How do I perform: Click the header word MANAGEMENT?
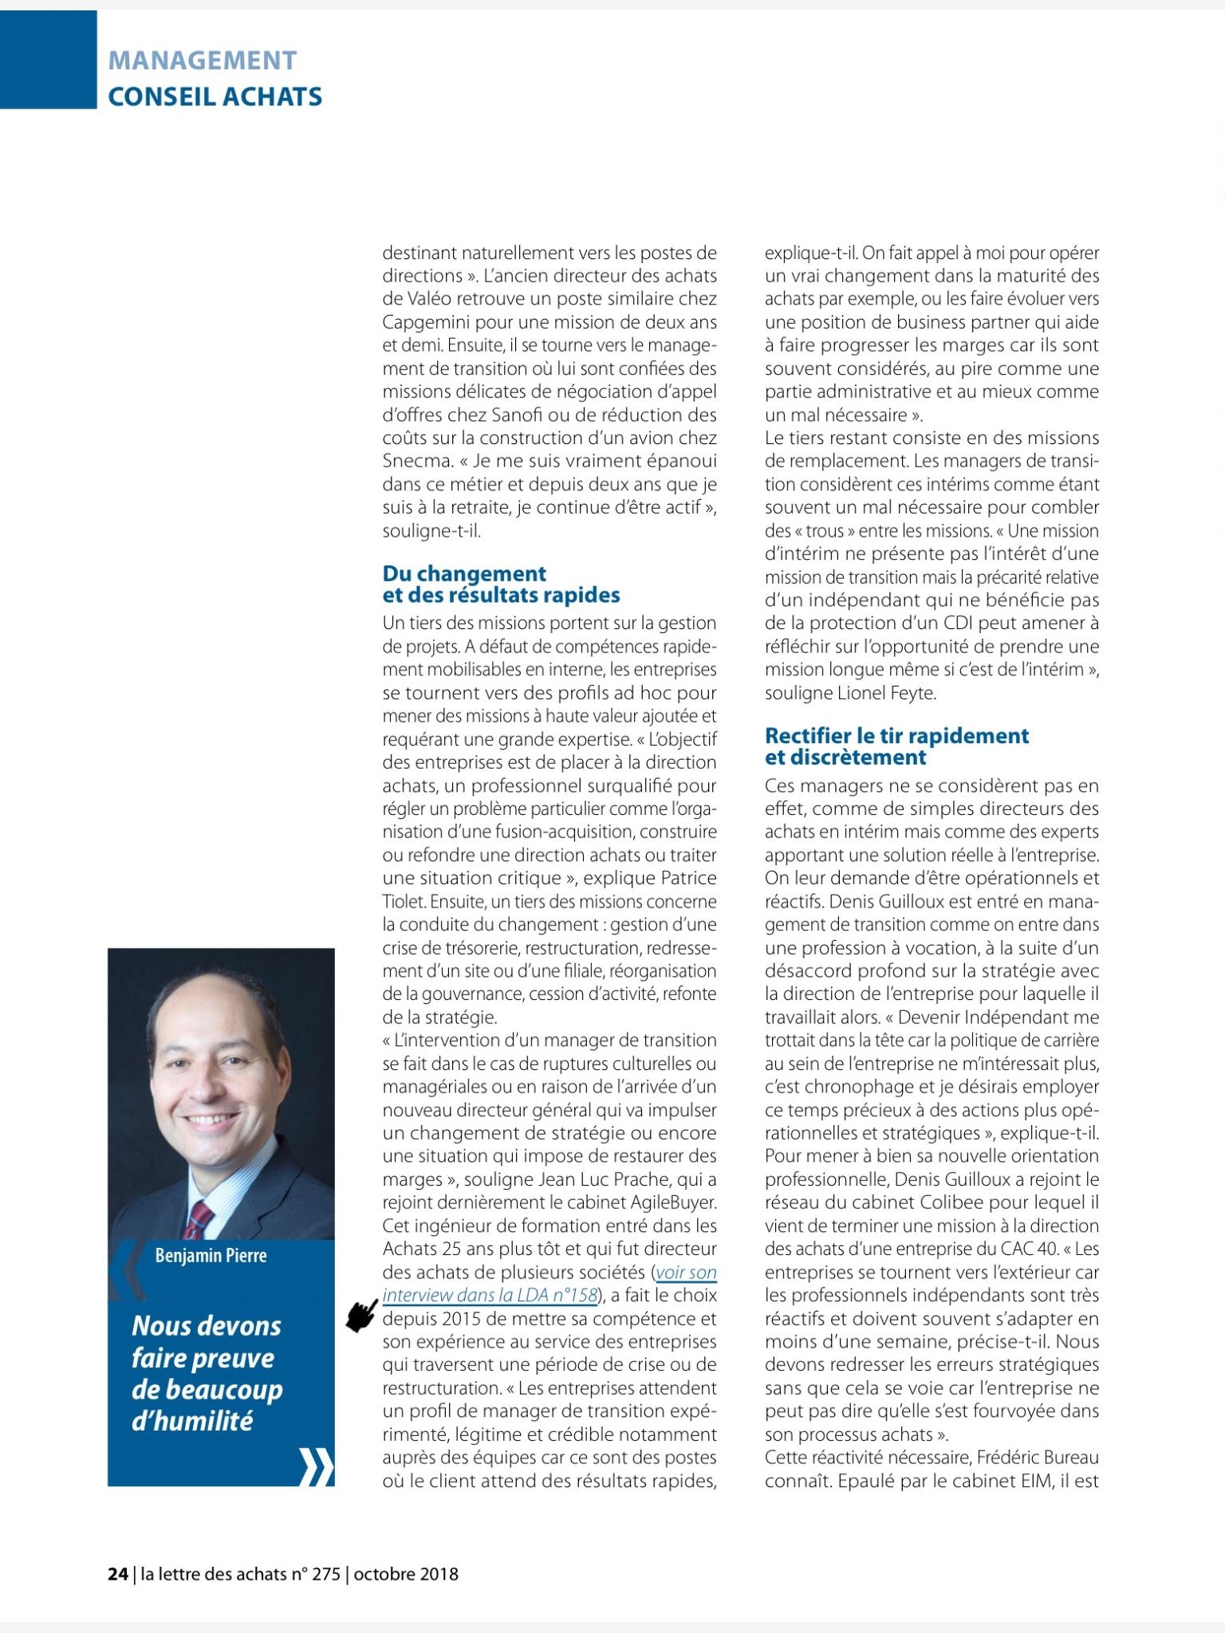point(202,60)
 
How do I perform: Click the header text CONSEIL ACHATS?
point(215,97)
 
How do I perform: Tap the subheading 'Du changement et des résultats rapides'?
point(501,584)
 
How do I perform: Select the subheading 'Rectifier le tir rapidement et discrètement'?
point(896,746)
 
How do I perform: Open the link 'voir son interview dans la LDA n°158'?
point(550,1283)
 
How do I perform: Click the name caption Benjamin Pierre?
point(211,1256)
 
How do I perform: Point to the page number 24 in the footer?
point(117,1574)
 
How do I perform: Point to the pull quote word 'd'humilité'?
point(191,1421)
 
